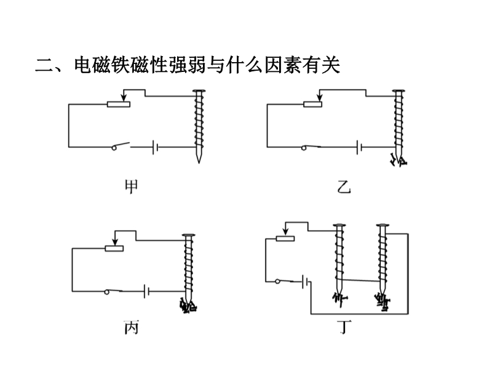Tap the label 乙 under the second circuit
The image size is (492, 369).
click(x=344, y=186)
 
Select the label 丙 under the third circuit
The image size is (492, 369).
click(x=131, y=328)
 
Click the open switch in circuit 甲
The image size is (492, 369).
click(x=120, y=146)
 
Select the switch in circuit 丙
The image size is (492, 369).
click(x=114, y=290)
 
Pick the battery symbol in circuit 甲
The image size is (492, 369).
click(x=156, y=147)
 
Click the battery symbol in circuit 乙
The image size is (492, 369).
click(x=359, y=147)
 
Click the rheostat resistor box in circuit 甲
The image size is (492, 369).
click(x=118, y=104)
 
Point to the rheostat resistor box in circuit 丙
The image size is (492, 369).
click(x=114, y=248)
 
